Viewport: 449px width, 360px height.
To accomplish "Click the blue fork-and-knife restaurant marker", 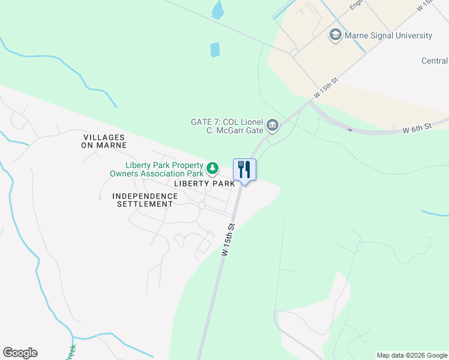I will point(244,169).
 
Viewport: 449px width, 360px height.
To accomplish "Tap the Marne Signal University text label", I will point(388,35).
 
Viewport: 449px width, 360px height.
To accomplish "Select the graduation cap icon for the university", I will point(335,35).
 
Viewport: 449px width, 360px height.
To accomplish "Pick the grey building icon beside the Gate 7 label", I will point(273,125).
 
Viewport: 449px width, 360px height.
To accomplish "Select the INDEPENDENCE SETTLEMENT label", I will point(145,200).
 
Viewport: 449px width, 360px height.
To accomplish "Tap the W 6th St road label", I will point(417,128).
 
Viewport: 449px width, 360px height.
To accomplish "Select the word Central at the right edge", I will point(435,61).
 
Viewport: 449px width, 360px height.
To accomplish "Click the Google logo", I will point(20,353).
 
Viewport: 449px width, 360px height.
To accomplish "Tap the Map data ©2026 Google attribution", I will point(412,355).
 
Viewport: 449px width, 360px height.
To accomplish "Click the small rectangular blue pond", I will point(215,50).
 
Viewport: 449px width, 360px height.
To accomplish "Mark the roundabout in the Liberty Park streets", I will point(202,205).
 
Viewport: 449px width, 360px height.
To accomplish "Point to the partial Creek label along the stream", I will point(70,353).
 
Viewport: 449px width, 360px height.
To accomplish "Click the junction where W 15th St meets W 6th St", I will point(310,103).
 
